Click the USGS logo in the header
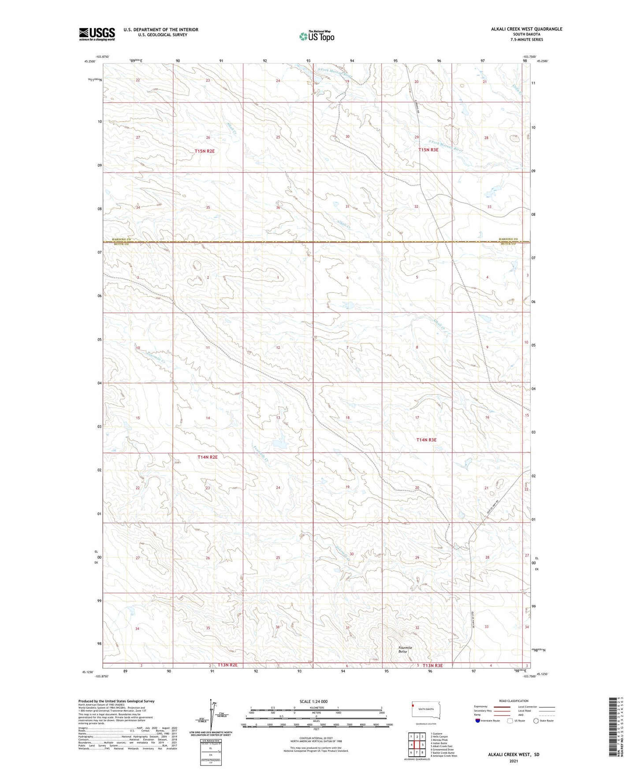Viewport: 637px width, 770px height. click(97, 34)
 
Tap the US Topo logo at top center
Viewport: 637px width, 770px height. click(316, 36)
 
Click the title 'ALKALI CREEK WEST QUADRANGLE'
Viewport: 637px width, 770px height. click(526, 29)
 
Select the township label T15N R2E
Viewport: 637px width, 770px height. click(205, 151)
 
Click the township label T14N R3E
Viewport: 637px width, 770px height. click(426, 440)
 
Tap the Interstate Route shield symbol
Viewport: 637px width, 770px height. click(478, 721)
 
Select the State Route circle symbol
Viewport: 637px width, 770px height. click(536, 721)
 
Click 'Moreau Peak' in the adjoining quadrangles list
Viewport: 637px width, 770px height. click(440, 740)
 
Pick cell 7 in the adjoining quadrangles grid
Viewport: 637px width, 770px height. click(417, 752)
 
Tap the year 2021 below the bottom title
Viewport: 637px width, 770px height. click(513, 761)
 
